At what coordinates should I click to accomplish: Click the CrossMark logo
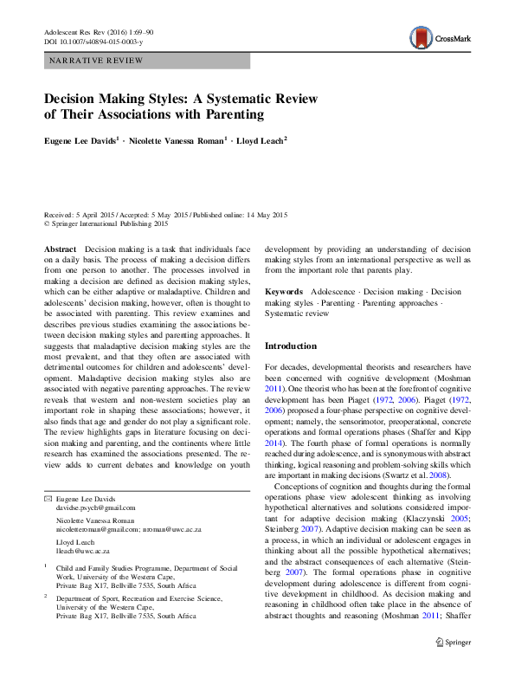pyautogui.click(x=440, y=37)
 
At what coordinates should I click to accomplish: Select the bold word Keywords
pyautogui.click(x=284, y=292)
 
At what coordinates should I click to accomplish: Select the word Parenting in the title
pyautogui.click(x=228, y=113)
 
